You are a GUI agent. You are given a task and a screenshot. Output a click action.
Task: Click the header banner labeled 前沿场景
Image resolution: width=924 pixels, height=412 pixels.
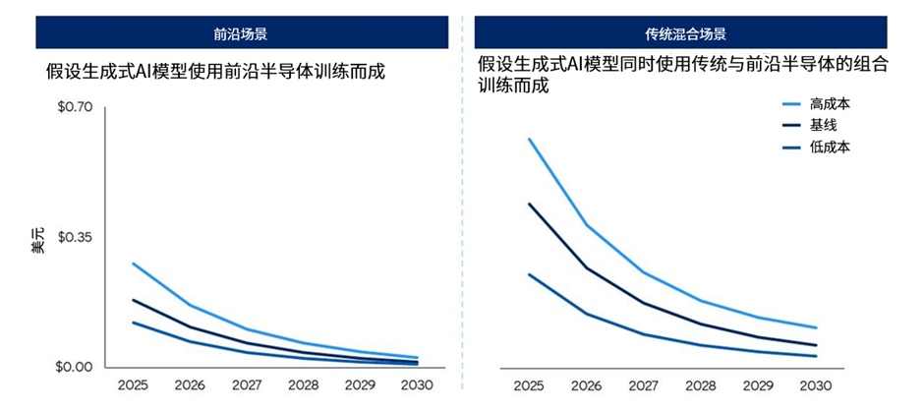[x=241, y=33]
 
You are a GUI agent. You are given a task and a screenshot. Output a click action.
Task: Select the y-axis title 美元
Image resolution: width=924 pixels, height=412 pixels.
[x=37, y=241]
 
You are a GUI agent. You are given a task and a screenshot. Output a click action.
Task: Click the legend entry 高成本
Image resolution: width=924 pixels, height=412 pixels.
[x=830, y=103]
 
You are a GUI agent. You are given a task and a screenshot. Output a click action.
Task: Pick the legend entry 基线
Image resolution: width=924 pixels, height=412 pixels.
[x=823, y=125]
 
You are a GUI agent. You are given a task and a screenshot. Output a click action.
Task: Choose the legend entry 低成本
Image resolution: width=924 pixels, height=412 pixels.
[x=830, y=147]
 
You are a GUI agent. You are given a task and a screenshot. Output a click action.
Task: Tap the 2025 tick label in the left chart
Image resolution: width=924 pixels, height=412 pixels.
[x=133, y=385]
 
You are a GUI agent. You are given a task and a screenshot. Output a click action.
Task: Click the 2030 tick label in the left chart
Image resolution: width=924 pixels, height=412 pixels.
[x=418, y=385]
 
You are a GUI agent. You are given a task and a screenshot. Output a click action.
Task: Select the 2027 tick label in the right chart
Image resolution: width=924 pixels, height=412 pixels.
[x=644, y=385]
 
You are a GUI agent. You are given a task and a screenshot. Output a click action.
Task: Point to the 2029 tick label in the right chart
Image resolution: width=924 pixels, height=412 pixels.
[x=759, y=385]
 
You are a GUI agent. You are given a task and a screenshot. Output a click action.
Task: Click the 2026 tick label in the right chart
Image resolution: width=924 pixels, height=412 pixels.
[x=587, y=385]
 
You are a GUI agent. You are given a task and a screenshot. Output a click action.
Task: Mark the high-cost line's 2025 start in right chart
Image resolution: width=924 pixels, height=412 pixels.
[x=529, y=139]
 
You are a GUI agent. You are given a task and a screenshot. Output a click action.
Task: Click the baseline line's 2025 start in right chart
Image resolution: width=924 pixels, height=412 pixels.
[x=529, y=204]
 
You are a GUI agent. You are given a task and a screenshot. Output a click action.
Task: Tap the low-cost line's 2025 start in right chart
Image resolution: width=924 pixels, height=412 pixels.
[x=529, y=274]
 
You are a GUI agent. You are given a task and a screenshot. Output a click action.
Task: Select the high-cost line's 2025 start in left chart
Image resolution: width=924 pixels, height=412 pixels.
[x=133, y=264]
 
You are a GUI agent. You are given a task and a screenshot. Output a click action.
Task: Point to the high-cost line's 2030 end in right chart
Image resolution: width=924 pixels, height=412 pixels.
[x=816, y=327]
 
